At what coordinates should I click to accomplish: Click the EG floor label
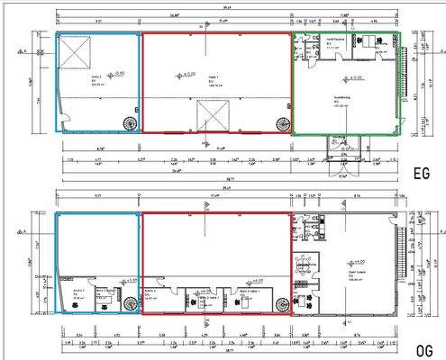(421, 175)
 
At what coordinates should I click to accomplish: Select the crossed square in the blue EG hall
(74, 52)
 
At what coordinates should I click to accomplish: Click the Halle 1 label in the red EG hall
(213, 78)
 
